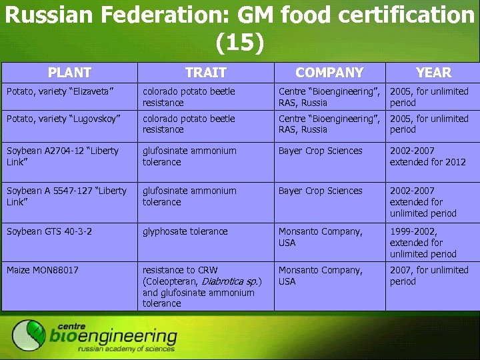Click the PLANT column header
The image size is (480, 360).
click(69, 73)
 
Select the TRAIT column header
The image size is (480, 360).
click(206, 73)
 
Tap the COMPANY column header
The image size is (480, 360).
click(329, 73)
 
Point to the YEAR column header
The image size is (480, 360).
click(433, 73)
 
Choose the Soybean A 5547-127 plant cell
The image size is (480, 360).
click(66, 196)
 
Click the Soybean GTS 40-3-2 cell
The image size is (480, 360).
click(49, 231)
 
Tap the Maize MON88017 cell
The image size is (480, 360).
click(42, 270)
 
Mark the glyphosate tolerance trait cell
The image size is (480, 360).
click(185, 231)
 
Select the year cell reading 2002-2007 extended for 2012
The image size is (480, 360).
click(428, 156)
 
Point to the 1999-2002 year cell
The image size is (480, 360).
click(423, 243)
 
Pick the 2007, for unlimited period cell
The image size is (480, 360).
click(429, 275)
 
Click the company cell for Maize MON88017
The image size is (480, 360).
click(321, 275)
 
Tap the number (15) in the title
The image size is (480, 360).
click(240, 43)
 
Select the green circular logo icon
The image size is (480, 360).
click(29, 335)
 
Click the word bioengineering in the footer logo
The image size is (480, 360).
click(113, 337)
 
